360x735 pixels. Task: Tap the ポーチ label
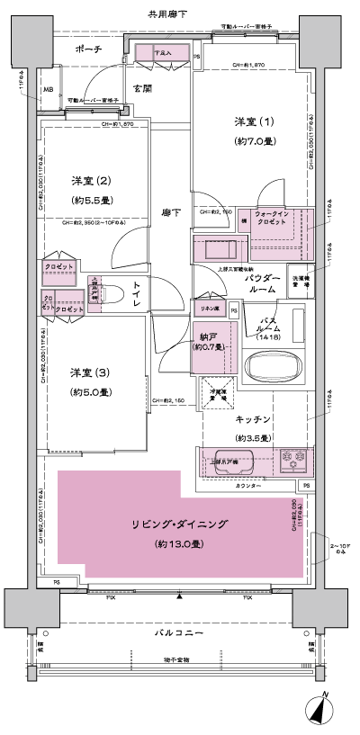tap(87, 49)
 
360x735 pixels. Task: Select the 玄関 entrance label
tap(142, 88)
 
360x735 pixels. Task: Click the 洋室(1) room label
tap(251, 122)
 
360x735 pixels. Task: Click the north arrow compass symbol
tap(321, 710)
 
